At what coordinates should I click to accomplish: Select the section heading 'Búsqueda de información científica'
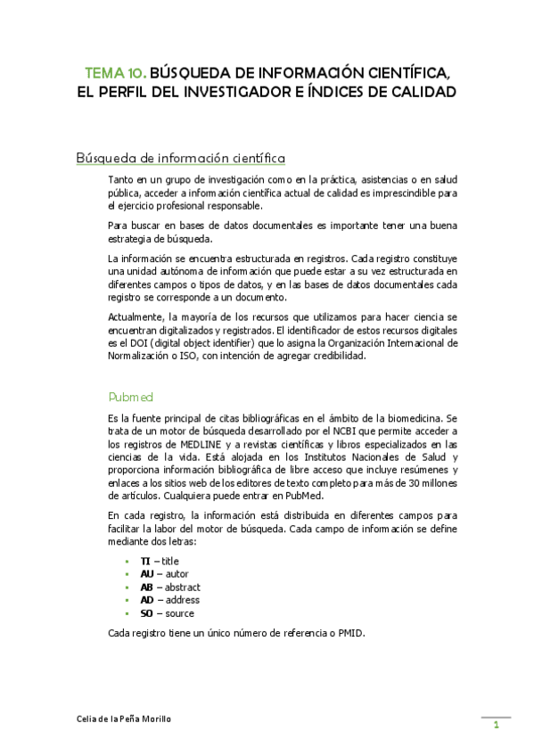coord(181,159)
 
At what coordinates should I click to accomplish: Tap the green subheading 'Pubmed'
coord(130,396)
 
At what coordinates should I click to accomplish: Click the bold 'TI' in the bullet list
coord(145,561)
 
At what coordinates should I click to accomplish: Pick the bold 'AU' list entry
coord(147,574)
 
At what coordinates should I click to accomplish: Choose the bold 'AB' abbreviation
coord(147,588)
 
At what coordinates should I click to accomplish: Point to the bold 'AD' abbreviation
coord(147,600)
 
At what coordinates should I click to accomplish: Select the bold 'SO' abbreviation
coord(147,613)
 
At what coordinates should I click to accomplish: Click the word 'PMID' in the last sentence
coord(352,634)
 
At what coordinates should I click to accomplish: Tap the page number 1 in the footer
coord(496,726)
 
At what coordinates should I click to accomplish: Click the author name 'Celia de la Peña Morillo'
coord(122,719)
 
